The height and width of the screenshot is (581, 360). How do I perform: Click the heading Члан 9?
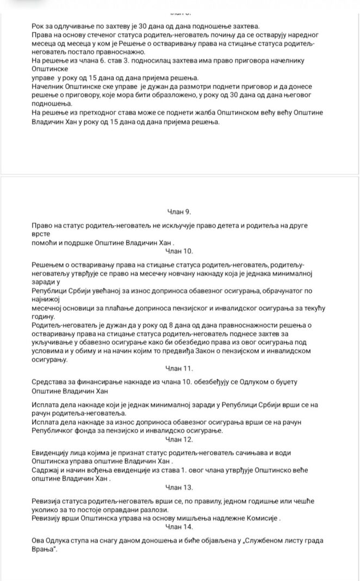179,211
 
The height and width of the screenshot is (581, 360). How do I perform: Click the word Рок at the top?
39,26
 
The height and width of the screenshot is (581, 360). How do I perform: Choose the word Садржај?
48,472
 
